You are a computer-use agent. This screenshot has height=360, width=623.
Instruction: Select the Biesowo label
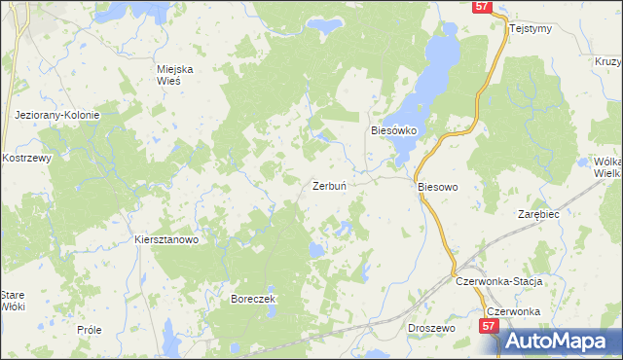[437, 185]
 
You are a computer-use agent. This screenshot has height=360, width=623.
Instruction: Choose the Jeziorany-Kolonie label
[57, 115]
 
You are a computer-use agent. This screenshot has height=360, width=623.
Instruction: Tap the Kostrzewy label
[26, 158]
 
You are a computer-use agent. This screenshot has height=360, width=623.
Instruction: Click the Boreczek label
[254, 299]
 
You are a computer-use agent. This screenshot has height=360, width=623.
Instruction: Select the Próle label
[89, 330]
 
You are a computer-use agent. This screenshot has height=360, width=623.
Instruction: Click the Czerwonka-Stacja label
[497, 280]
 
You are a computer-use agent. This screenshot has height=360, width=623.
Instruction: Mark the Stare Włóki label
[12, 300]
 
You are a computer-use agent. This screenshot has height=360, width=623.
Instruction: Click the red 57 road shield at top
[484, 7]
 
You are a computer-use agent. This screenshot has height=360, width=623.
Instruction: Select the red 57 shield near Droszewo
[489, 330]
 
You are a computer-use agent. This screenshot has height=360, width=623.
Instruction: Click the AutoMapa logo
[560, 341]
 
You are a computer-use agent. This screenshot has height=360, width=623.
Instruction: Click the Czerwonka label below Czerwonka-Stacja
[513, 311]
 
